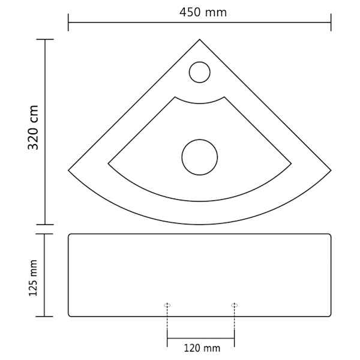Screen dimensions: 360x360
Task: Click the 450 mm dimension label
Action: (x=203, y=13)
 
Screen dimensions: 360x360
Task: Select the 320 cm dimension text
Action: (x=33, y=127)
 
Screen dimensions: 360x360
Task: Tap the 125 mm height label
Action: (x=33, y=278)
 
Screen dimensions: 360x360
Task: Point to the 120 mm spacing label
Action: (x=202, y=348)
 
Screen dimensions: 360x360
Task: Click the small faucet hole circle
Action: (x=200, y=72)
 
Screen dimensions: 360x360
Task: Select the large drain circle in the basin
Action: (x=200, y=157)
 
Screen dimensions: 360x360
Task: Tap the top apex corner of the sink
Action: (x=200, y=40)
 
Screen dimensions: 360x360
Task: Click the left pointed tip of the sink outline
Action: (x=68, y=170)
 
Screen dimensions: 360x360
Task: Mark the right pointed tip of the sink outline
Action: (x=331, y=170)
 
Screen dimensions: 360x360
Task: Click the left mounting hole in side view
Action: (x=167, y=305)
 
